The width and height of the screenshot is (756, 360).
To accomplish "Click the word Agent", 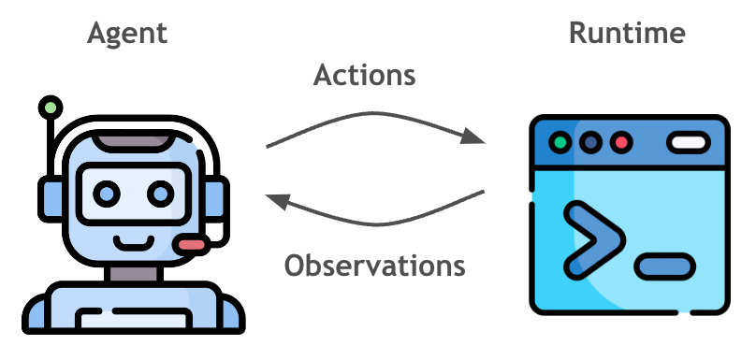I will tap(127, 35).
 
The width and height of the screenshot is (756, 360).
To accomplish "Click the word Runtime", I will tap(627, 35).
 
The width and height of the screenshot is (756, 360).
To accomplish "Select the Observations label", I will tap(374, 265).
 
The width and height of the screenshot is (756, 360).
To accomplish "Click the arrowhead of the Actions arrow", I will tap(476, 138).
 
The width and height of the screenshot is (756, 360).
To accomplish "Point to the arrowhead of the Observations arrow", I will tap(275, 199).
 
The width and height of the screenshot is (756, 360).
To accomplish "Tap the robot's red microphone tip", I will tap(194, 245).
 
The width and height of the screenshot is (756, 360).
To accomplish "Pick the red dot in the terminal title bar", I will tap(618, 143).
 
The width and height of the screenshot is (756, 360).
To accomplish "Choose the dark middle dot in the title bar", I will tap(589, 143).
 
